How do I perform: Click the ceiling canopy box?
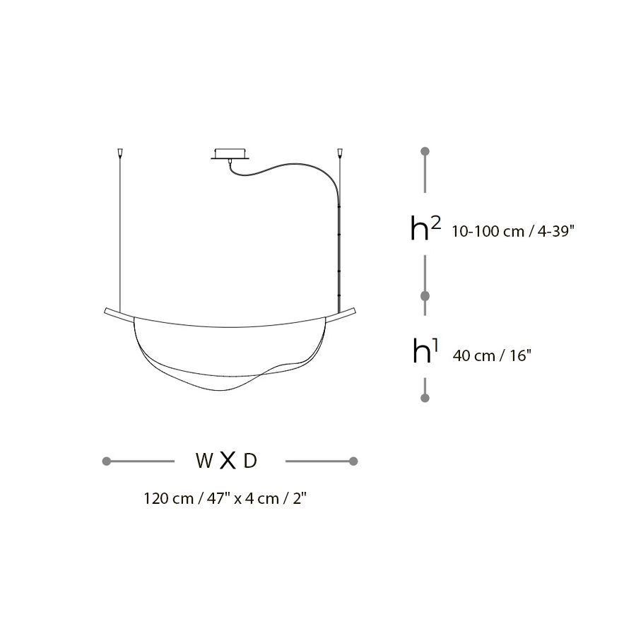(x=230, y=154)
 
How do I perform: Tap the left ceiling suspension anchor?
(x=120, y=153)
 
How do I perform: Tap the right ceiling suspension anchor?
(x=340, y=153)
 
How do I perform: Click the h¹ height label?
(x=425, y=351)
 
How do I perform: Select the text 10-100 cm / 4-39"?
(x=513, y=232)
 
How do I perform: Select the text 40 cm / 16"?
(x=492, y=355)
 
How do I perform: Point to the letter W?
(x=204, y=461)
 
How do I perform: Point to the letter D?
(x=250, y=461)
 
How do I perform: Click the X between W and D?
(x=228, y=461)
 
